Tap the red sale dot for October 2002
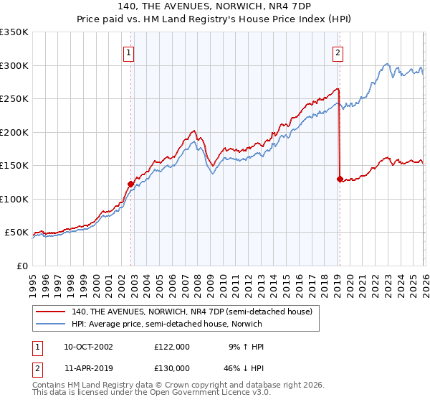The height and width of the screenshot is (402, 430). tap(130, 184)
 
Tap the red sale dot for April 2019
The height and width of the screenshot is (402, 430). tap(339, 179)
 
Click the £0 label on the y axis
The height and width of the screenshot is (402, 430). tap(22, 266)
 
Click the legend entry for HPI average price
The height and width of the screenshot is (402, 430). tap(167, 324)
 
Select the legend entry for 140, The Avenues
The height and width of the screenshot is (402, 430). tap(191, 312)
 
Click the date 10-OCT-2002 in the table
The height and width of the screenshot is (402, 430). tap(88, 346)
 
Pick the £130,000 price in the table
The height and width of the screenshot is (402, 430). tap(172, 368)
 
